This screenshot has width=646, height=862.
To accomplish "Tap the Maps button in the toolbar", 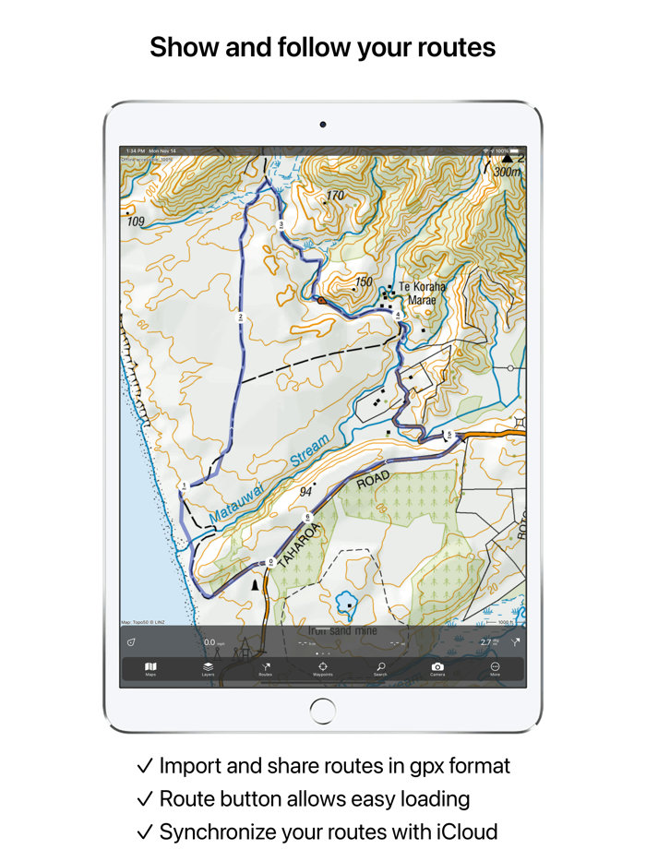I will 150,668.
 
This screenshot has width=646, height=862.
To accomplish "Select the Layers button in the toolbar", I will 208,668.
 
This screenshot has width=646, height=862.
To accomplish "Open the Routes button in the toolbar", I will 266,668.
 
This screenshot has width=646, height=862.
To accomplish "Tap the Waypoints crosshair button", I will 323,668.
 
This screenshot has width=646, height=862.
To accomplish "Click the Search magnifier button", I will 380,668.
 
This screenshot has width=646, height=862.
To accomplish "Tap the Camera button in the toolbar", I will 437,668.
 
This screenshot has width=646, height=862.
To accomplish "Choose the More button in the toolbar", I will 496,668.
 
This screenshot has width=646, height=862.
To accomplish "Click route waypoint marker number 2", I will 241,318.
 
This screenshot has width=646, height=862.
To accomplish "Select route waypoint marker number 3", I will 281,224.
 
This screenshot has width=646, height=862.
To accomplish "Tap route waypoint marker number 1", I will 185,485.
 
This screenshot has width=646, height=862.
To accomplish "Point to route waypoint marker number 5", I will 449,434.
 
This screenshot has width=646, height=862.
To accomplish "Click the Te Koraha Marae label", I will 423,293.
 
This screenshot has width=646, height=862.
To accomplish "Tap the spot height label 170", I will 335,196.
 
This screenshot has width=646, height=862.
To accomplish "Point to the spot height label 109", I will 137,221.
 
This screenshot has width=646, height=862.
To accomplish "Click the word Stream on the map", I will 308,453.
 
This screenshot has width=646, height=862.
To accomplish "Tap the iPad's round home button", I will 323,710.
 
